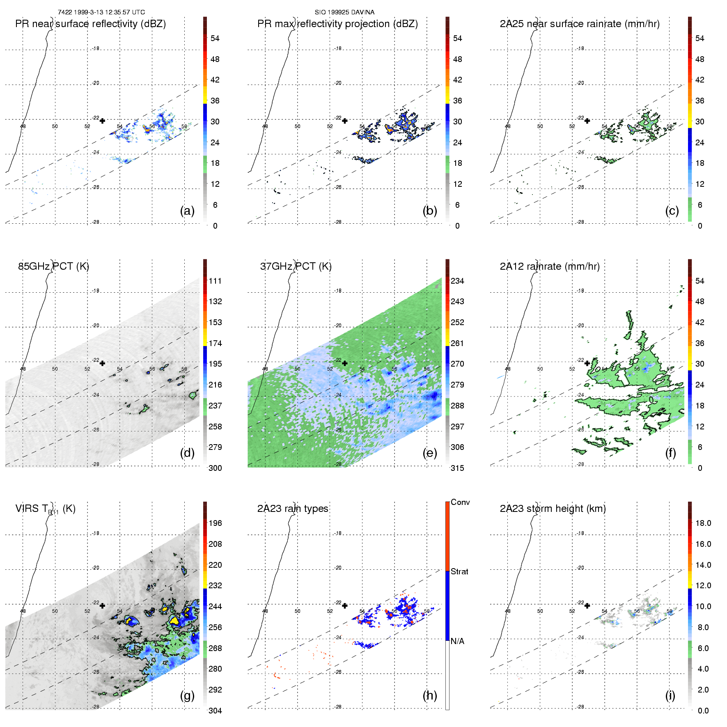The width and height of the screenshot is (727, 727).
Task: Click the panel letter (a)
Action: pyautogui.click(x=187, y=211)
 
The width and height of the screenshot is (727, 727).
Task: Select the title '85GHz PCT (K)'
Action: pyautogui.click(x=53, y=266)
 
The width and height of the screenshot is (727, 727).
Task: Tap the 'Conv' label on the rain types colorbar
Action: pyautogui.click(x=460, y=502)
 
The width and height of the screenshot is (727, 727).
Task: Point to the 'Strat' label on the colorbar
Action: pyautogui.click(x=459, y=572)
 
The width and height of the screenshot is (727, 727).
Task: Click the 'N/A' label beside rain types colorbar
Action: pyautogui.click(x=457, y=641)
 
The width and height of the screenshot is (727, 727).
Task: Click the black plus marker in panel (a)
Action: pyautogui.click(x=102, y=121)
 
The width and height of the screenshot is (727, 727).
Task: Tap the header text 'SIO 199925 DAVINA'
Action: pyautogui.click(x=344, y=12)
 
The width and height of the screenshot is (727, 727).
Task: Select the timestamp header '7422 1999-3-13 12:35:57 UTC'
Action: pyautogui.click(x=101, y=12)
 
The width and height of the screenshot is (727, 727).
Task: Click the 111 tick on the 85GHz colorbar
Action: pyautogui.click(x=215, y=281)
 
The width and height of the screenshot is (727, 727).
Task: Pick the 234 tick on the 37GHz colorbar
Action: pyautogui.click(x=457, y=281)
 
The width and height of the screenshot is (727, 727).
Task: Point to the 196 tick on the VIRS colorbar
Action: pyautogui.click(x=215, y=523)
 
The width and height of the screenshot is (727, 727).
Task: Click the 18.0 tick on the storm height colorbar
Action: pyautogui.click(x=703, y=523)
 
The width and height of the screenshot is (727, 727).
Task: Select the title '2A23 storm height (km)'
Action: pyautogui.click(x=553, y=509)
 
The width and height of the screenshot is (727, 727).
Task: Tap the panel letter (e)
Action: pyautogui.click(x=430, y=453)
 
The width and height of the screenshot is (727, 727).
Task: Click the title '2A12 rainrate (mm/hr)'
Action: pyautogui.click(x=550, y=266)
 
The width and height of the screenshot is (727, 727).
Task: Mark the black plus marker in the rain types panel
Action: pyautogui.click(x=345, y=605)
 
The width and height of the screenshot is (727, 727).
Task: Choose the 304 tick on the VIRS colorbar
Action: pyautogui.click(x=215, y=711)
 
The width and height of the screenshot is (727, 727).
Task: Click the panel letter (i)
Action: pyautogui.click(x=670, y=695)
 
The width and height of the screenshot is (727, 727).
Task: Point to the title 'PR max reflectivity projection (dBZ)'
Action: pyautogui.click(x=337, y=24)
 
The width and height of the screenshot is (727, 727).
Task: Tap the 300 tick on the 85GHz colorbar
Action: pyautogui.click(x=215, y=468)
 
